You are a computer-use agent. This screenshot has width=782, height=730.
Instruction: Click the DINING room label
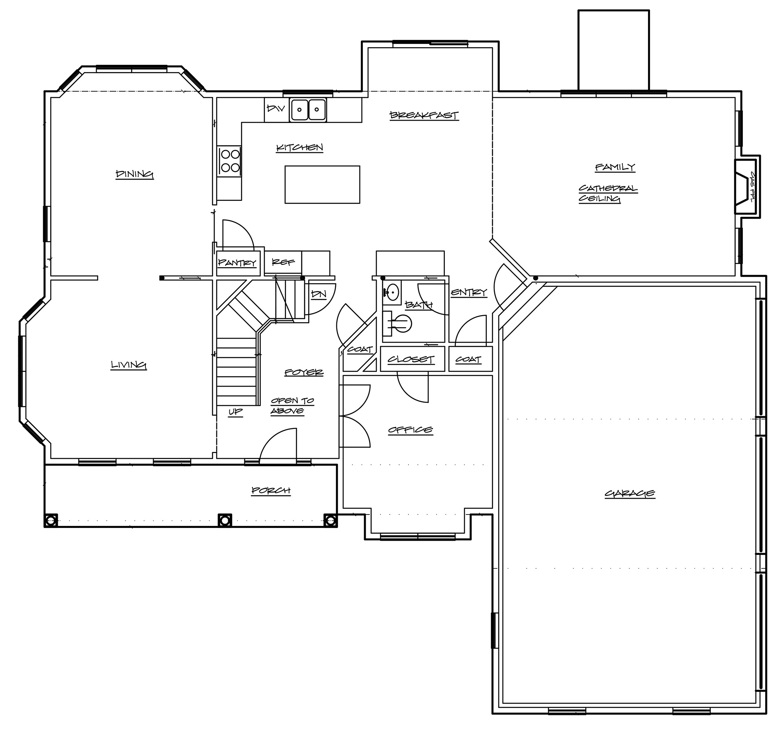coord(135,174)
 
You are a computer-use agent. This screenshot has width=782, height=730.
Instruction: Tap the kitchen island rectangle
coord(322,184)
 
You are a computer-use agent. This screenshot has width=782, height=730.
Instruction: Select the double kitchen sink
coord(308,110)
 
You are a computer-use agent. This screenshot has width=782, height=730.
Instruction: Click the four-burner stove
coord(229,161)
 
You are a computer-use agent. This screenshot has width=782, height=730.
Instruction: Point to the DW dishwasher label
coord(275,108)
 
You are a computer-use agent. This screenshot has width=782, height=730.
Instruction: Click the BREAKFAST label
coord(424,115)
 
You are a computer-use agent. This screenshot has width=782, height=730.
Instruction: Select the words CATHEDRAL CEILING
coord(608,193)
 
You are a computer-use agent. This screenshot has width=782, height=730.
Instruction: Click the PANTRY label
coord(237,262)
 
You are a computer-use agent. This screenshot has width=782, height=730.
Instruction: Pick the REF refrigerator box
coord(283,262)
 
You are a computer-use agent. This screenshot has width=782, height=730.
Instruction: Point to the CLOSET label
coord(411,359)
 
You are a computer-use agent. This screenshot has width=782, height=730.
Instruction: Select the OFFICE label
coord(410,430)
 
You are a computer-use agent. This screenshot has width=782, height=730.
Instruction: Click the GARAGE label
coord(630,493)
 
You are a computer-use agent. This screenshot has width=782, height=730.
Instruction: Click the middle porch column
coord(225,520)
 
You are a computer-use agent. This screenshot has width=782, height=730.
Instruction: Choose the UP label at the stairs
coord(235,411)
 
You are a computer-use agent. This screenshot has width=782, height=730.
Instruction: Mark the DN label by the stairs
coord(319,294)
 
